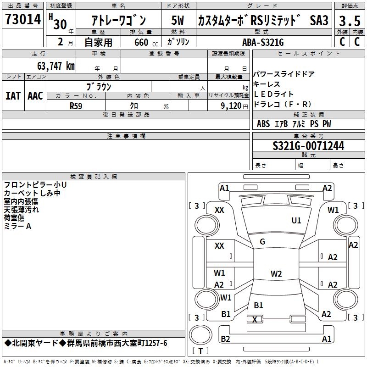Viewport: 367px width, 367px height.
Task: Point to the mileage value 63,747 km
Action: tap(56, 66)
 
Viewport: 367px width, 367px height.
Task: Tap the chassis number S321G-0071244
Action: tap(308, 146)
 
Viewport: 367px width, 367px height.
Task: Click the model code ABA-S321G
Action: tap(263, 42)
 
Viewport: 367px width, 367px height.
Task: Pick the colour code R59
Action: tap(77, 106)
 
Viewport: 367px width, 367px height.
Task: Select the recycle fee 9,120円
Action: tap(228, 106)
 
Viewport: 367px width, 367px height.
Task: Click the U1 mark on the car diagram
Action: tap(296, 221)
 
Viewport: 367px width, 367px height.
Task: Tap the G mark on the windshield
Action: tap(262, 241)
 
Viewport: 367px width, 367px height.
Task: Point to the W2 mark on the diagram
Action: tap(276, 274)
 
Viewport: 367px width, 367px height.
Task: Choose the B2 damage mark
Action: tap(225, 339)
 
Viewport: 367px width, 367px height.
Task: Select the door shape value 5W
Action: tap(178, 21)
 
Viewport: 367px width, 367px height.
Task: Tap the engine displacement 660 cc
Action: tap(141, 42)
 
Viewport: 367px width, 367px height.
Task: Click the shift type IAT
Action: tap(13, 96)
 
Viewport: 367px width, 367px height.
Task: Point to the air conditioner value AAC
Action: tap(35, 96)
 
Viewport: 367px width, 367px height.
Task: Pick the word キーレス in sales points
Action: tap(267, 84)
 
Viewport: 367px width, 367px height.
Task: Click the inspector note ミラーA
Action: tap(17, 226)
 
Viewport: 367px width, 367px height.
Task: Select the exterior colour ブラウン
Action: tap(99, 86)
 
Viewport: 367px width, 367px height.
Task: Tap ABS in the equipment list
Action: tap(263, 124)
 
